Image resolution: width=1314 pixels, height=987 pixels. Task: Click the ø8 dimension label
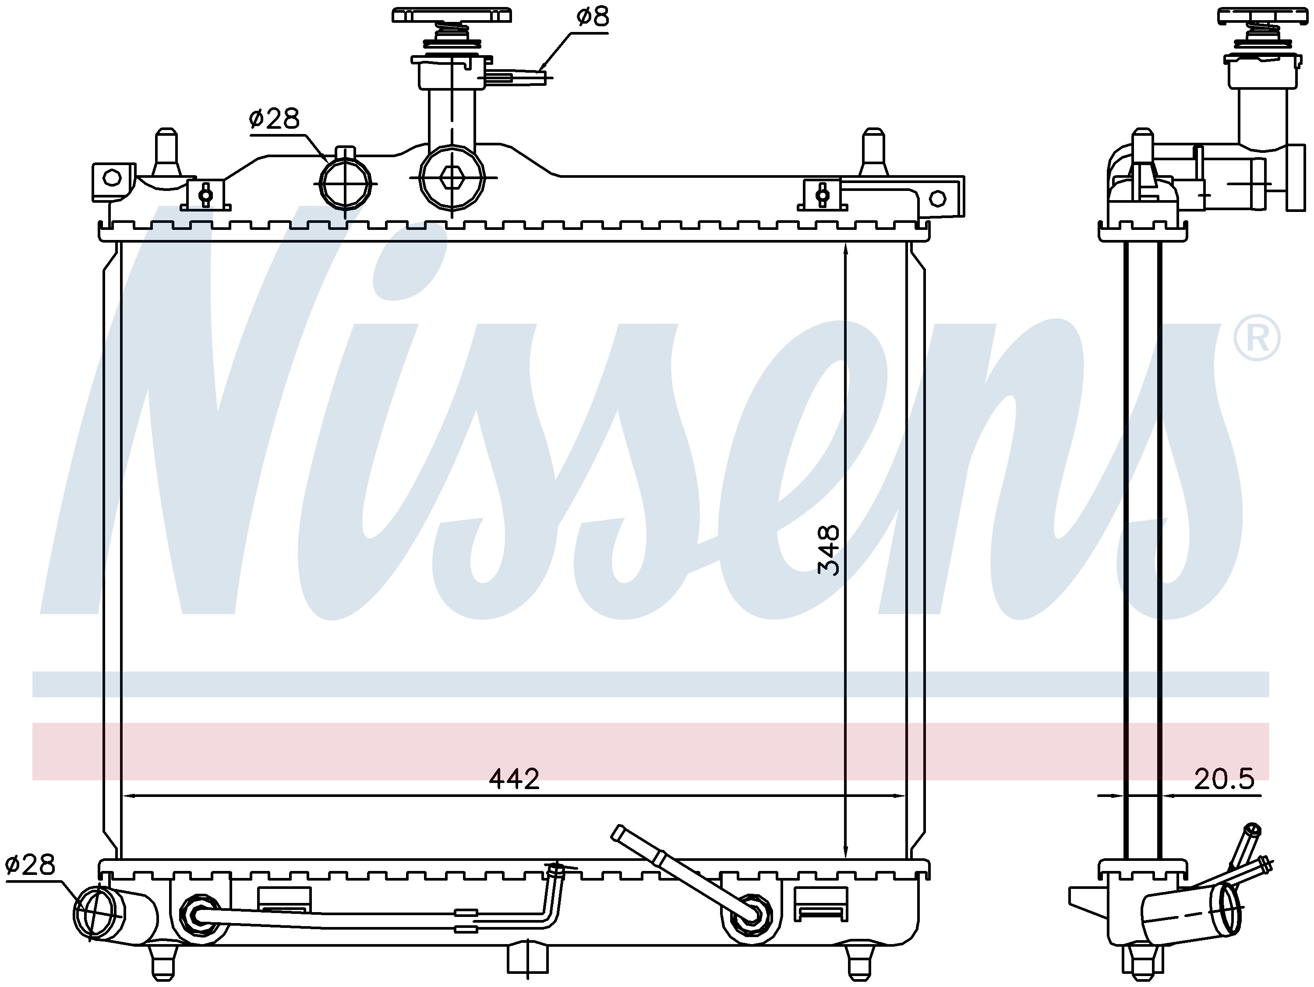(x=592, y=17)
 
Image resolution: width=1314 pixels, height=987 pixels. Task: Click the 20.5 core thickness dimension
(x=1224, y=779)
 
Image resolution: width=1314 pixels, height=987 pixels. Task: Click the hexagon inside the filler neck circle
(x=452, y=177)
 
